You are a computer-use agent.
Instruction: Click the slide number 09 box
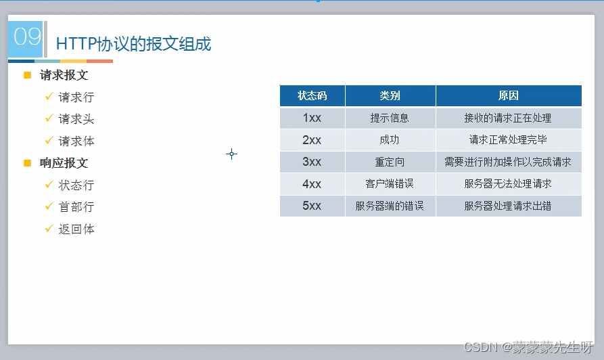pos(26,39)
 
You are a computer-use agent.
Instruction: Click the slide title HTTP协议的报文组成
pos(133,44)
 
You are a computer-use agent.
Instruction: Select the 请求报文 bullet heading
pos(64,75)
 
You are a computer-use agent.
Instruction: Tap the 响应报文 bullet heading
pos(64,163)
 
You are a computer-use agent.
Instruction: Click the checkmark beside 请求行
pos(49,96)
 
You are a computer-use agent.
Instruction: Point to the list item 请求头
pos(76,119)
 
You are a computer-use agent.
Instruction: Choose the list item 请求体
pos(76,141)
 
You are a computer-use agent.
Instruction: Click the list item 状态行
pos(76,185)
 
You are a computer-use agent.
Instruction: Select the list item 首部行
pos(76,207)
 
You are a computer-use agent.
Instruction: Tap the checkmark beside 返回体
pos(49,228)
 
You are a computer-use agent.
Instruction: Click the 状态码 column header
pos(312,95)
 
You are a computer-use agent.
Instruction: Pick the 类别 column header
pos(390,95)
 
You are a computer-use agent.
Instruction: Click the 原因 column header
pos(509,95)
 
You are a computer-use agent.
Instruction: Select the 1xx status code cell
pos(312,118)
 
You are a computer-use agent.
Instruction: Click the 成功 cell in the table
pos(390,140)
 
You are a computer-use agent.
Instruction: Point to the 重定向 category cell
pos(390,162)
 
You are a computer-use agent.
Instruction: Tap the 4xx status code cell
pos(312,184)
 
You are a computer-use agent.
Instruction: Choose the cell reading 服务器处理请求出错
pos(509,206)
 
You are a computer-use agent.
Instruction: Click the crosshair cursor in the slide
pos(231,154)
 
